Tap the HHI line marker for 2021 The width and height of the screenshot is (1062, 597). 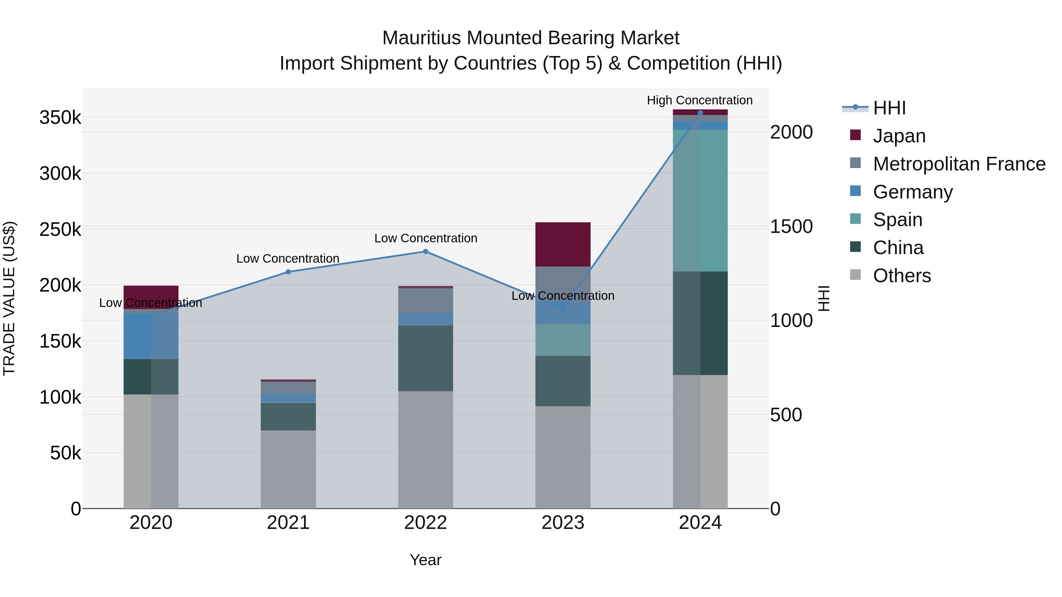coord(288,272)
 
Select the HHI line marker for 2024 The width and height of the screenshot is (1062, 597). coord(700,113)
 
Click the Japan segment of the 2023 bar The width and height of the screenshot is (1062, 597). coord(563,244)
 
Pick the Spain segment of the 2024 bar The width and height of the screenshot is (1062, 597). coord(700,201)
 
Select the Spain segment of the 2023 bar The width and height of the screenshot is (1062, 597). coord(563,340)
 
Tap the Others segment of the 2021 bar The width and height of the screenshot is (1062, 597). coord(288,469)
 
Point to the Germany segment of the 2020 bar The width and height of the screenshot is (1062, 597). coord(151,336)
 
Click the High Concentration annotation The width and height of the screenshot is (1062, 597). coord(700,100)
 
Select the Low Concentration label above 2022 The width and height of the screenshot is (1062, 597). coord(425,238)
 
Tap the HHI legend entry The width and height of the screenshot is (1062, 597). coord(889,108)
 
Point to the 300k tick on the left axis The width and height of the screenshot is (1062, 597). coord(60,173)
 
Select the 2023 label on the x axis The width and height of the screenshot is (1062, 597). coord(563,523)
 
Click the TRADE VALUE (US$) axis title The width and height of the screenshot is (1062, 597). coord(9,298)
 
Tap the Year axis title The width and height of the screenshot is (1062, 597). coord(425,560)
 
